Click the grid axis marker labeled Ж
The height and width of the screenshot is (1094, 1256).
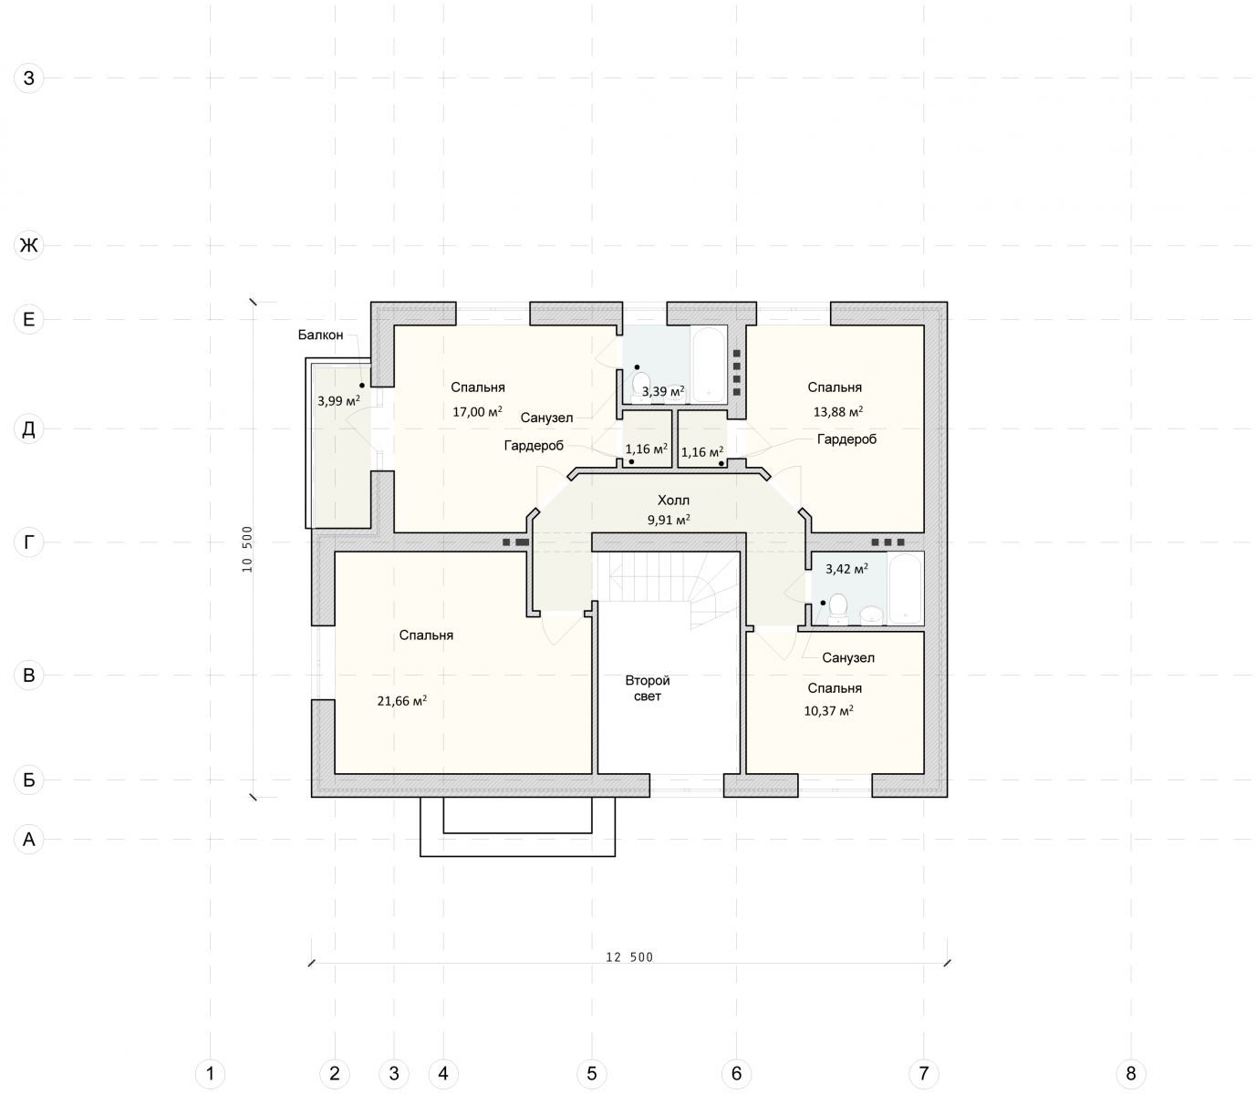[29, 245]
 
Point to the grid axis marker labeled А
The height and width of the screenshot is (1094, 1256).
[29, 840]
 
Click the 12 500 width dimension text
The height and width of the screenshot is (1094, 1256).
[630, 957]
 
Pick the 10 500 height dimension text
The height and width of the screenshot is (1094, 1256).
[247, 549]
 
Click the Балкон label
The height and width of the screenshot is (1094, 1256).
[320, 335]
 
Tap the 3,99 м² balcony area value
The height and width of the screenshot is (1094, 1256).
[339, 400]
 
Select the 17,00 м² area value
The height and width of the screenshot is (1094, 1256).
[478, 411]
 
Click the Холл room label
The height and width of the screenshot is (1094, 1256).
[673, 500]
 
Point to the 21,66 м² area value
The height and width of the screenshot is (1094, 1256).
[402, 700]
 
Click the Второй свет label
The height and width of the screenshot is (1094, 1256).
[647, 687]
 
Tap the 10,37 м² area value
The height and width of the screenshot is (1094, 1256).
[829, 710]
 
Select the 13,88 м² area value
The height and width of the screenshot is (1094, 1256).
[838, 411]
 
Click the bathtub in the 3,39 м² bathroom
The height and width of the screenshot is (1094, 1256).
[709, 364]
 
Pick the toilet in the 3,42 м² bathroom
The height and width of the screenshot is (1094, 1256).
[838, 609]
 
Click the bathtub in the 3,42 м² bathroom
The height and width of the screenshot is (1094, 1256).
[906, 588]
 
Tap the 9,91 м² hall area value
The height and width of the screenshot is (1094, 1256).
[669, 520]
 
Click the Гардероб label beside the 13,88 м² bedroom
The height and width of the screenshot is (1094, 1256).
[846, 439]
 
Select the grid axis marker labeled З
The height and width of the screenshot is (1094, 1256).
[29, 78]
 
